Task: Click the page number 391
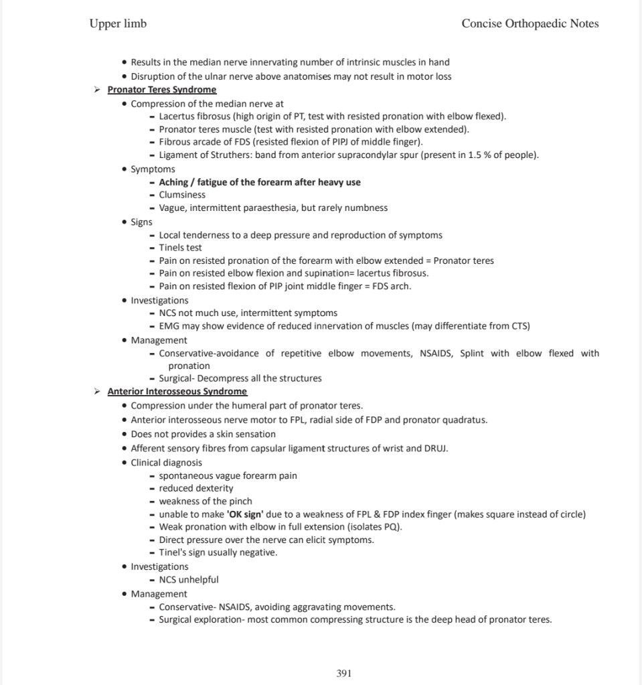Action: tap(343, 673)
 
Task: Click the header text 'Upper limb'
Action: tap(118, 23)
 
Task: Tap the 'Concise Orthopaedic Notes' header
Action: tap(530, 23)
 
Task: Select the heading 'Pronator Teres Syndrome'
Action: tap(161, 90)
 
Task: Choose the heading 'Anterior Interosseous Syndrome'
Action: tap(177, 392)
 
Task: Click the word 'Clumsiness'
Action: tap(182, 195)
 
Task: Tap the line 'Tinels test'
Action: tap(180, 248)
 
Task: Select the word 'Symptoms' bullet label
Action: tap(153, 169)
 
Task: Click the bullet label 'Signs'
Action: tap(141, 222)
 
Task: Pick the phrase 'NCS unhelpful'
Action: tap(188, 580)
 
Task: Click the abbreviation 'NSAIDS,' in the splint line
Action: tap(435, 353)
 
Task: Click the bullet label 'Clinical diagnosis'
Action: tap(166, 463)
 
